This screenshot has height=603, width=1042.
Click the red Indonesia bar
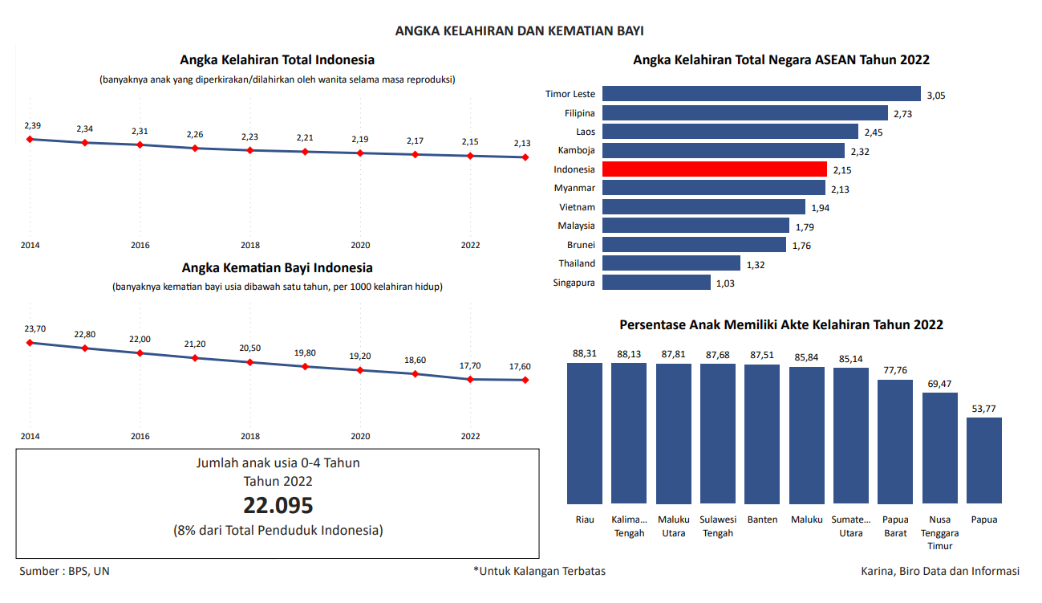point(714,169)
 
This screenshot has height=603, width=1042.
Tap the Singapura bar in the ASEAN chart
point(656,283)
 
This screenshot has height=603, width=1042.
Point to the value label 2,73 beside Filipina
point(902,114)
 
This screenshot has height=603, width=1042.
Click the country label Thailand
point(577,263)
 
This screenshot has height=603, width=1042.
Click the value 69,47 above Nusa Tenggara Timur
point(939,385)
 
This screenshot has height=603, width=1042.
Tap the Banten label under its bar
point(762,519)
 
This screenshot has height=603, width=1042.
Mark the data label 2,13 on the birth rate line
point(522,144)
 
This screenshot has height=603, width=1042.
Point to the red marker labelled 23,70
point(30,343)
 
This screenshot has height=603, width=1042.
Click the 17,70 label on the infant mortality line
point(470,366)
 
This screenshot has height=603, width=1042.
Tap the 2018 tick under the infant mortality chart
point(250,436)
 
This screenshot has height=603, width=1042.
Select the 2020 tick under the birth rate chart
point(360,245)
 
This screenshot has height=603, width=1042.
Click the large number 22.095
point(278,506)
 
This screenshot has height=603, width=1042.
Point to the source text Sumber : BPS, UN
point(64,571)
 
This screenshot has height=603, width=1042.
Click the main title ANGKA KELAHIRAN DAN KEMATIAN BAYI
point(520,31)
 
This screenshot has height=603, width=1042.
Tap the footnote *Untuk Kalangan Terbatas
point(539,571)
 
